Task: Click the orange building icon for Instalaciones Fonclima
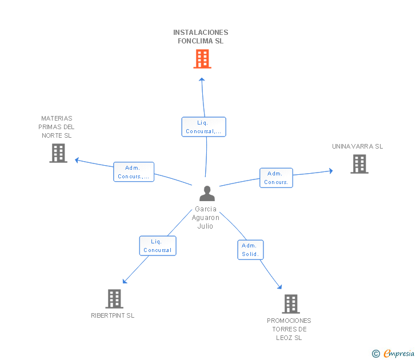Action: [202, 59]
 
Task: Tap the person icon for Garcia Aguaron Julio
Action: [207, 193]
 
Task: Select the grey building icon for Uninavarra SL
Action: [359, 164]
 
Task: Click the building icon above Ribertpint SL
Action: [114, 299]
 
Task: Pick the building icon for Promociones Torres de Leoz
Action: [291, 304]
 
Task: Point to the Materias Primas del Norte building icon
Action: [58, 153]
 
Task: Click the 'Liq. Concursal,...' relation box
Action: [204, 127]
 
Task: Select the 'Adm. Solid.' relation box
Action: [250, 250]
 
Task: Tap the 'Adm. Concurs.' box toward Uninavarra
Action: [276, 178]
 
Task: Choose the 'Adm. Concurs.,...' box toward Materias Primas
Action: [134, 172]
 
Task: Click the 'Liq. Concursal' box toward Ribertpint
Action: [158, 246]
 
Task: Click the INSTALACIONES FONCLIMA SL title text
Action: [201, 37]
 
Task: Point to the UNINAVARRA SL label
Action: [357, 146]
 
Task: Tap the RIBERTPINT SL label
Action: [113, 315]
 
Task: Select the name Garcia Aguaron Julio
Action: [206, 218]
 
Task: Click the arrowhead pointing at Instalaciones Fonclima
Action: [202, 79]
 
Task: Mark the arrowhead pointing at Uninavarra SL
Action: [331, 171]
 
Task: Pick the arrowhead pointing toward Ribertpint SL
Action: [125, 281]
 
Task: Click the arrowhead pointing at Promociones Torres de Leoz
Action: [279, 287]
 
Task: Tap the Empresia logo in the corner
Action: [393, 354]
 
